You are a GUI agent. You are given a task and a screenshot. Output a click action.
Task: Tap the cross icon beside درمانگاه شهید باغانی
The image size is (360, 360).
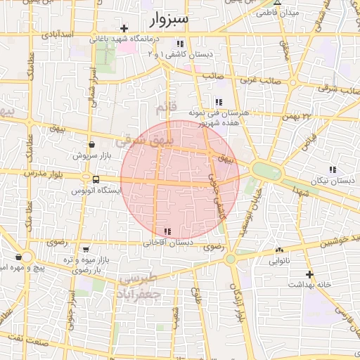tap(124, 29)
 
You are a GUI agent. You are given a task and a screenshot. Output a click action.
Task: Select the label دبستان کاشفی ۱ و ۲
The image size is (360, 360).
tap(181, 53)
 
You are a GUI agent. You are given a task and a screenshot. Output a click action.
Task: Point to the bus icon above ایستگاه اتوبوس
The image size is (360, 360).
tap(86, 179)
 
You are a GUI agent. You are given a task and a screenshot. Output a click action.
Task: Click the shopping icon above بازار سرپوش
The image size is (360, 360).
tap(92, 143)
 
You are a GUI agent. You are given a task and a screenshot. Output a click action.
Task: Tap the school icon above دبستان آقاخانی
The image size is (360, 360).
tap(167, 231)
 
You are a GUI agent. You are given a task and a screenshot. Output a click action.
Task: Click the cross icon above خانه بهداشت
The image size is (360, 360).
tap(309, 274)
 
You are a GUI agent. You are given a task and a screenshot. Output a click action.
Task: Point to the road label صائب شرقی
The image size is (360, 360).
tap(334, 89)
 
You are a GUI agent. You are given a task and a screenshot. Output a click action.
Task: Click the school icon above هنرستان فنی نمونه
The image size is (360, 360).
tap(219, 102)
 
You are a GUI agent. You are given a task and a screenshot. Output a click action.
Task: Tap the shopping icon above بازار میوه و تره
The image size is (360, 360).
tap(86, 249)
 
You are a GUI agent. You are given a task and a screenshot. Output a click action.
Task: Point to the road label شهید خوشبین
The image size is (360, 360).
tap(337, 243)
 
